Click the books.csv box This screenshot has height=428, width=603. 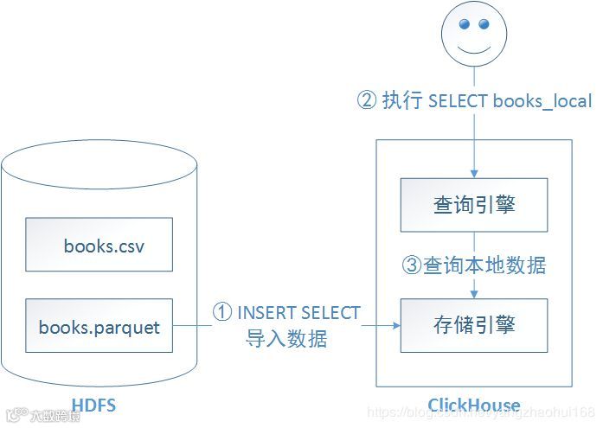(x=99, y=245)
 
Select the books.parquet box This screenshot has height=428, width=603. (x=99, y=327)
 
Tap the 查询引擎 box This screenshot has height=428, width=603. (x=474, y=206)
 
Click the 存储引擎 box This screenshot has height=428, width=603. (x=474, y=325)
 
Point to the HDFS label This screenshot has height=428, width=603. (x=94, y=405)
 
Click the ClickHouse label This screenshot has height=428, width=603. (x=474, y=405)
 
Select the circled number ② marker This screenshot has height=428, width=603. (x=366, y=100)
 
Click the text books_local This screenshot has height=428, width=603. (x=542, y=100)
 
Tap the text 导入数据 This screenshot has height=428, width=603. (x=286, y=338)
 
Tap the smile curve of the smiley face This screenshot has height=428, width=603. (x=474, y=51)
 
